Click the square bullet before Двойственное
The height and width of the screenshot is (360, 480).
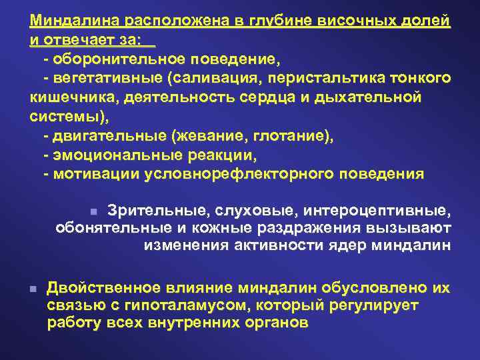(x=32, y=289)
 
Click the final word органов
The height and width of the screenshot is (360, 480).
(x=276, y=323)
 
